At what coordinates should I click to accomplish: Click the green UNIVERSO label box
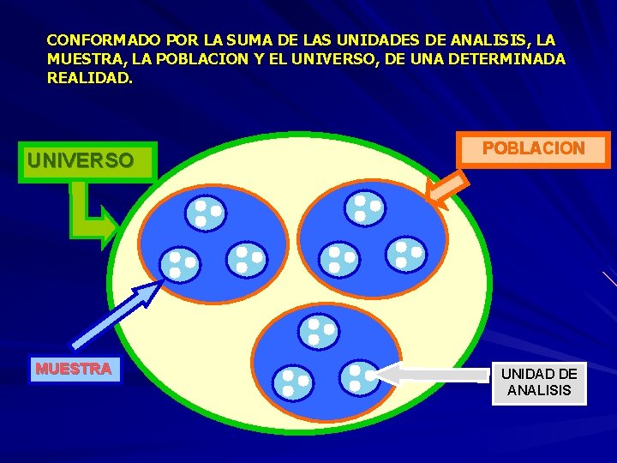coord(80,160)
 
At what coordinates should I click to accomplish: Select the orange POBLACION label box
coord(533,149)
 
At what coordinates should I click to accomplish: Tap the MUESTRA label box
coord(74,370)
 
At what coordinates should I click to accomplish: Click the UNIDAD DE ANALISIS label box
coord(539,382)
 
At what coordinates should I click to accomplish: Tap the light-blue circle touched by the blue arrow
coord(181,264)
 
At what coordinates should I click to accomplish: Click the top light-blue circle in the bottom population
coord(320,332)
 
